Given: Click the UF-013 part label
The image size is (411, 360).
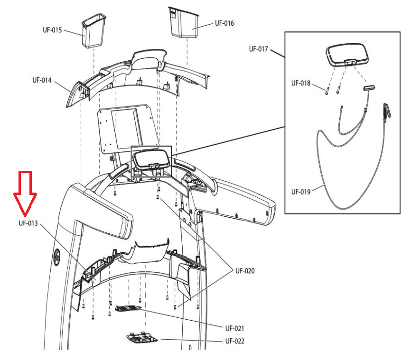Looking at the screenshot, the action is point(28,223).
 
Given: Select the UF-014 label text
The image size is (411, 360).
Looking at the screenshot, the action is point(42,80).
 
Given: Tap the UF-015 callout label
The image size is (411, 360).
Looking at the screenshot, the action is point(52,30).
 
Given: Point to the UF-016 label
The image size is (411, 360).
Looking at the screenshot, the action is point(224,23).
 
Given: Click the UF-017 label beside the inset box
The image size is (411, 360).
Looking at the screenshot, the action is point(259,49).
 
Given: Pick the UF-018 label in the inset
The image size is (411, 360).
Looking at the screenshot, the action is point(301,83).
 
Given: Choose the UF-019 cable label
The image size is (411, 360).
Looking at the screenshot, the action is point(301,192).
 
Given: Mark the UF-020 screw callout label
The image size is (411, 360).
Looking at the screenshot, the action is point(245,271).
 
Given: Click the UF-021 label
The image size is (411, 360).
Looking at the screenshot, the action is point(235,328).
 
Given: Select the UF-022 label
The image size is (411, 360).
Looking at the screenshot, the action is point(235,341).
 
